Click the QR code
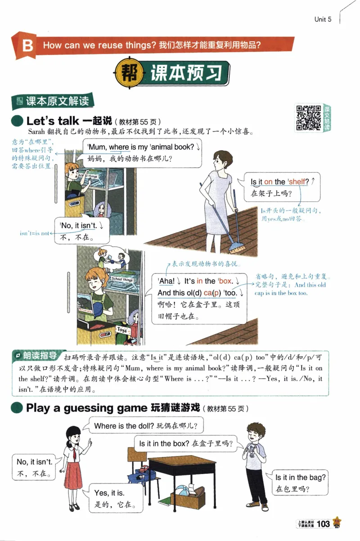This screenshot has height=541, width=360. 308,117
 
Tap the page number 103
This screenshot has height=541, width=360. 324,523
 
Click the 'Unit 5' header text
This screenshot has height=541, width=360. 323,19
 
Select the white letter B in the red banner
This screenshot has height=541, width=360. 27,46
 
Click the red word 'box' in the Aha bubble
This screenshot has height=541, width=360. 225,281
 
